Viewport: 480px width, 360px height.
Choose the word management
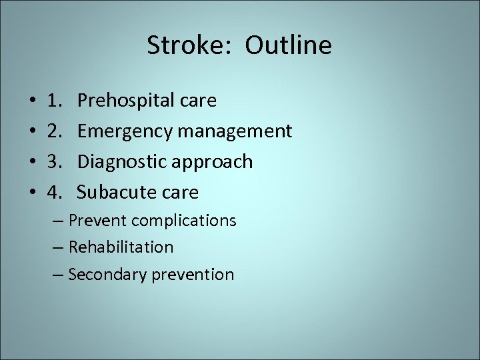[x=234, y=131]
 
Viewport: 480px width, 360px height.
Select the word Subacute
[x=113, y=193]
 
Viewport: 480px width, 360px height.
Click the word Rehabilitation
[x=121, y=247]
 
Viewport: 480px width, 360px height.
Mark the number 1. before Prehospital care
[x=55, y=101]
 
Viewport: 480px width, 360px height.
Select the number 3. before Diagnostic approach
[x=55, y=162]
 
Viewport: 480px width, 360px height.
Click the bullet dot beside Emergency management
[x=33, y=132]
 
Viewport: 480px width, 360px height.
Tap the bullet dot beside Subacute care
[x=33, y=193]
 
